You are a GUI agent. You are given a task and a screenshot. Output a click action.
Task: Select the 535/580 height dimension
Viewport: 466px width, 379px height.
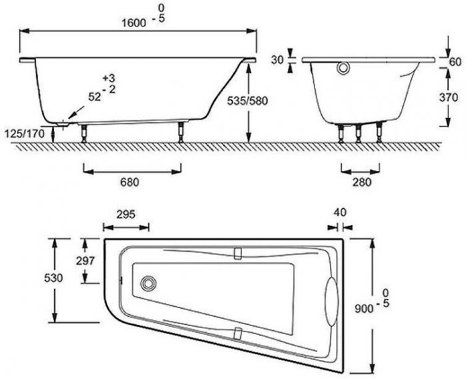pos(266,101)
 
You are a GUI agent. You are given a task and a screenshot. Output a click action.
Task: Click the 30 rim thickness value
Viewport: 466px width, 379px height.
pos(278,59)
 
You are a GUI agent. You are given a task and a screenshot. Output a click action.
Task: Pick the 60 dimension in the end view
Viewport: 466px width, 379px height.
pos(455,61)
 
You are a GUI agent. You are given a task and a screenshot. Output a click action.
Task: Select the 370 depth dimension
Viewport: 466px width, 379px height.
pos(449,97)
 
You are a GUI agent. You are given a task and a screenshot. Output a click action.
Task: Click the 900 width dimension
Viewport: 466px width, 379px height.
pos(363,308)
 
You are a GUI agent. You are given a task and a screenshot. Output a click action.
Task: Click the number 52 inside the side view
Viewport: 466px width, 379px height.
pos(94,96)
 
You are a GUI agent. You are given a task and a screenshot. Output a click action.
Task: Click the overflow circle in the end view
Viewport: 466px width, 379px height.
pos(343,68)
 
